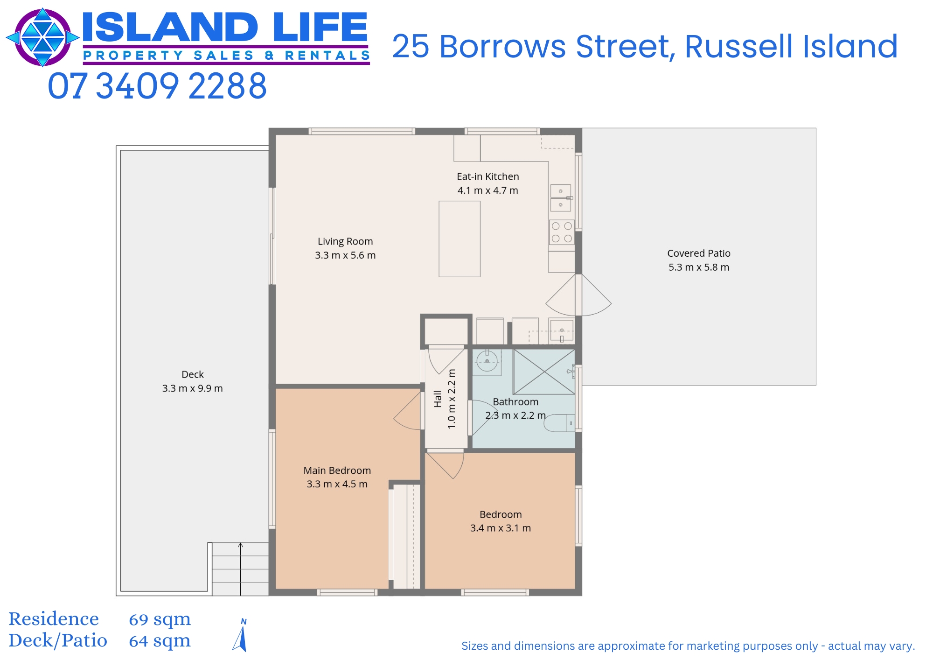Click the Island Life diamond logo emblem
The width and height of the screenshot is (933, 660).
point(42,37)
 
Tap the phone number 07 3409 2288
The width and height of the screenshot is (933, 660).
point(157,86)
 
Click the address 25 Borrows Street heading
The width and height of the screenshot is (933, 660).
point(645,47)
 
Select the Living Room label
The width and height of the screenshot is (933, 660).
point(345,241)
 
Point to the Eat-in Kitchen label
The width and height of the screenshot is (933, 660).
point(487,176)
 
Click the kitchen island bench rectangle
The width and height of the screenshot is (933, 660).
point(459,239)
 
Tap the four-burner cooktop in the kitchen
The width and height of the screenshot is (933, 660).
point(562,232)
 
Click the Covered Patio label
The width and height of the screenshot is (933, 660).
point(698,253)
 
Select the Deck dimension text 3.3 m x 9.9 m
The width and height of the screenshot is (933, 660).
point(192,388)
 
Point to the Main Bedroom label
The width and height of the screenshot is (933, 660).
point(337,470)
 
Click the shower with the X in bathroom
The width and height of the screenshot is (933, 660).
point(544,372)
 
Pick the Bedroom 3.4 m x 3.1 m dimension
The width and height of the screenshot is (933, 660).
point(500,528)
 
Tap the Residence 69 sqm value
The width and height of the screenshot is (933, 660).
point(160,619)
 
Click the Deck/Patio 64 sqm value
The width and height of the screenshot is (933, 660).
point(160,641)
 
